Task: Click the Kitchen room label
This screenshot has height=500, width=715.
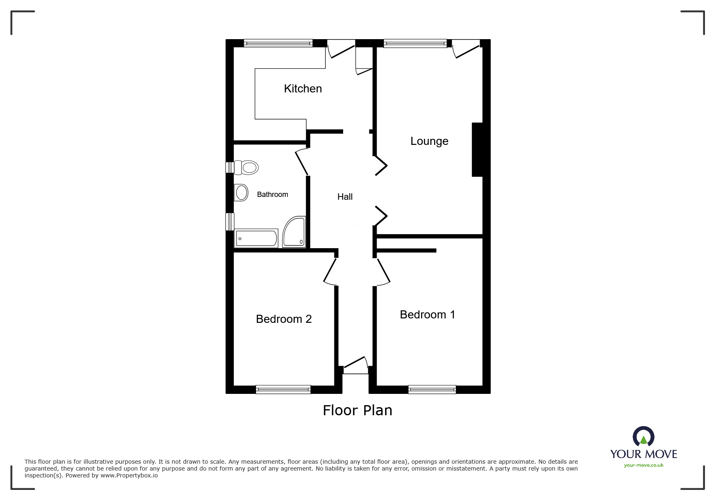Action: coord(303,89)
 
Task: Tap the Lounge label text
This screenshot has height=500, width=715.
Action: coord(429,141)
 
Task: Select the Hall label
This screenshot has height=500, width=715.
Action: coord(345,197)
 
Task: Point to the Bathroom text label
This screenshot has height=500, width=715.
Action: coord(273,195)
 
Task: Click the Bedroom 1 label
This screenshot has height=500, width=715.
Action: coord(427,315)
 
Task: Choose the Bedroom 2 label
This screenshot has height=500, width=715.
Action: coord(283,319)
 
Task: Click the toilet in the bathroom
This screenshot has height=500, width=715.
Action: coord(247,167)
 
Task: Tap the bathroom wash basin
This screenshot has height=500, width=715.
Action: coord(241,192)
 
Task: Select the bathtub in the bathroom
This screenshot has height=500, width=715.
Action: coord(256,238)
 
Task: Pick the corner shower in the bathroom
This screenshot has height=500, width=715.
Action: coord(294,232)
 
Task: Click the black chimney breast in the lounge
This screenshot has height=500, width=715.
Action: coord(477,150)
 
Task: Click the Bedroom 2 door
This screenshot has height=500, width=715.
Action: coord(330,271)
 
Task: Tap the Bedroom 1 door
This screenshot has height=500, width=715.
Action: coord(384,271)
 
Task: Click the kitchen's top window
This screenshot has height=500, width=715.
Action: coord(278,43)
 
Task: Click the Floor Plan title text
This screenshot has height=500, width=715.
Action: coord(357,410)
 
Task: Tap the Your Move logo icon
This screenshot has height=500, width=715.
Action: coord(643,437)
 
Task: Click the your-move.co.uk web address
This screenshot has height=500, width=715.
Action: coord(644,465)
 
